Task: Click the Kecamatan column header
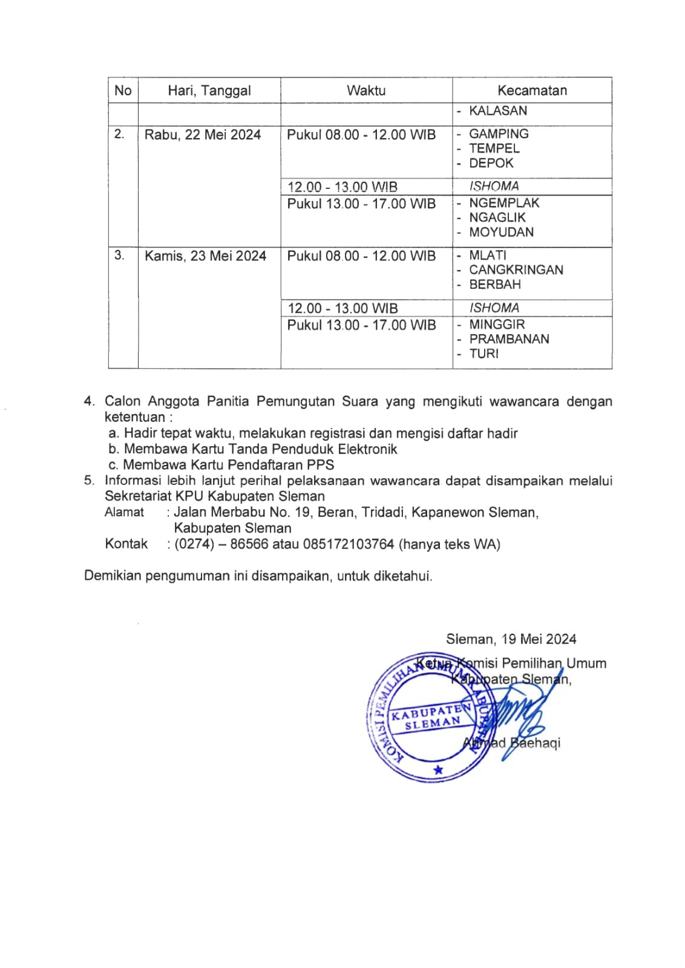click(x=532, y=91)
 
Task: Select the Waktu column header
click(x=366, y=91)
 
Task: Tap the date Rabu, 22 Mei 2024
click(x=203, y=134)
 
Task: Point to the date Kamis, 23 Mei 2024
click(x=205, y=256)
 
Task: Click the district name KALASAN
click(x=498, y=111)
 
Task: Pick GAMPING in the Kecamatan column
click(x=499, y=134)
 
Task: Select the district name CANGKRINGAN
click(x=516, y=270)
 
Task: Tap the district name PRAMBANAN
click(x=509, y=339)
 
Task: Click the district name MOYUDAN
click(x=501, y=232)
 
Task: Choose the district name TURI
click(x=483, y=354)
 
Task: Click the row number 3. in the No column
click(x=119, y=255)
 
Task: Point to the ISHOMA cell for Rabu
click(x=494, y=186)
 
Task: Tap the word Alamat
click(x=124, y=512)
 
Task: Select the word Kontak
click(x=126, y=544)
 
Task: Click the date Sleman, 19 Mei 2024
click(x=511, y=639)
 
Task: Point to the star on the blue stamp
click(x=438, y=770)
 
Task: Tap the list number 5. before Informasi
click(x=90, y=481)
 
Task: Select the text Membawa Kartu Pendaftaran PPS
click(x=228, y=465)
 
